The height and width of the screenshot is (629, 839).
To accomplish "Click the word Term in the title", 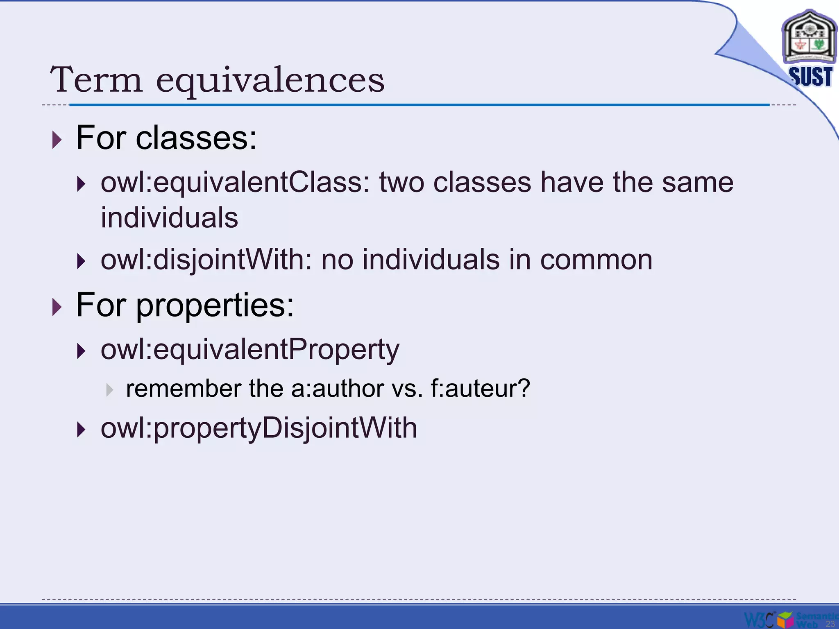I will (97, 79).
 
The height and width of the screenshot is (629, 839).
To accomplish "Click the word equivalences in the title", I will (270, 80).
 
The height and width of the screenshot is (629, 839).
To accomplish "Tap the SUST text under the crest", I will (810, 77).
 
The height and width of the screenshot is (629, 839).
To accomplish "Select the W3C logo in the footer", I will (759, 619).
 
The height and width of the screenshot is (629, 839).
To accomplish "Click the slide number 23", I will (830, 624).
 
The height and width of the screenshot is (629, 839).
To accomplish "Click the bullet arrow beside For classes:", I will (57, 140).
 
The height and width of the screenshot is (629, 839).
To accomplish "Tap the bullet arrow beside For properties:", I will (57, 307).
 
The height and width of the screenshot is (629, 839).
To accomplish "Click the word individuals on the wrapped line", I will (169, 217).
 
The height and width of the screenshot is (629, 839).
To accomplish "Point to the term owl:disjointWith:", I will (206, 260).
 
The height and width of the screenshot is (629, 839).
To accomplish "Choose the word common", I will (596, 260).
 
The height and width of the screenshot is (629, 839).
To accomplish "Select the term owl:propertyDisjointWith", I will (259, 428).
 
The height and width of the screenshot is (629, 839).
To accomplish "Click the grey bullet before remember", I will (109, 390).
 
